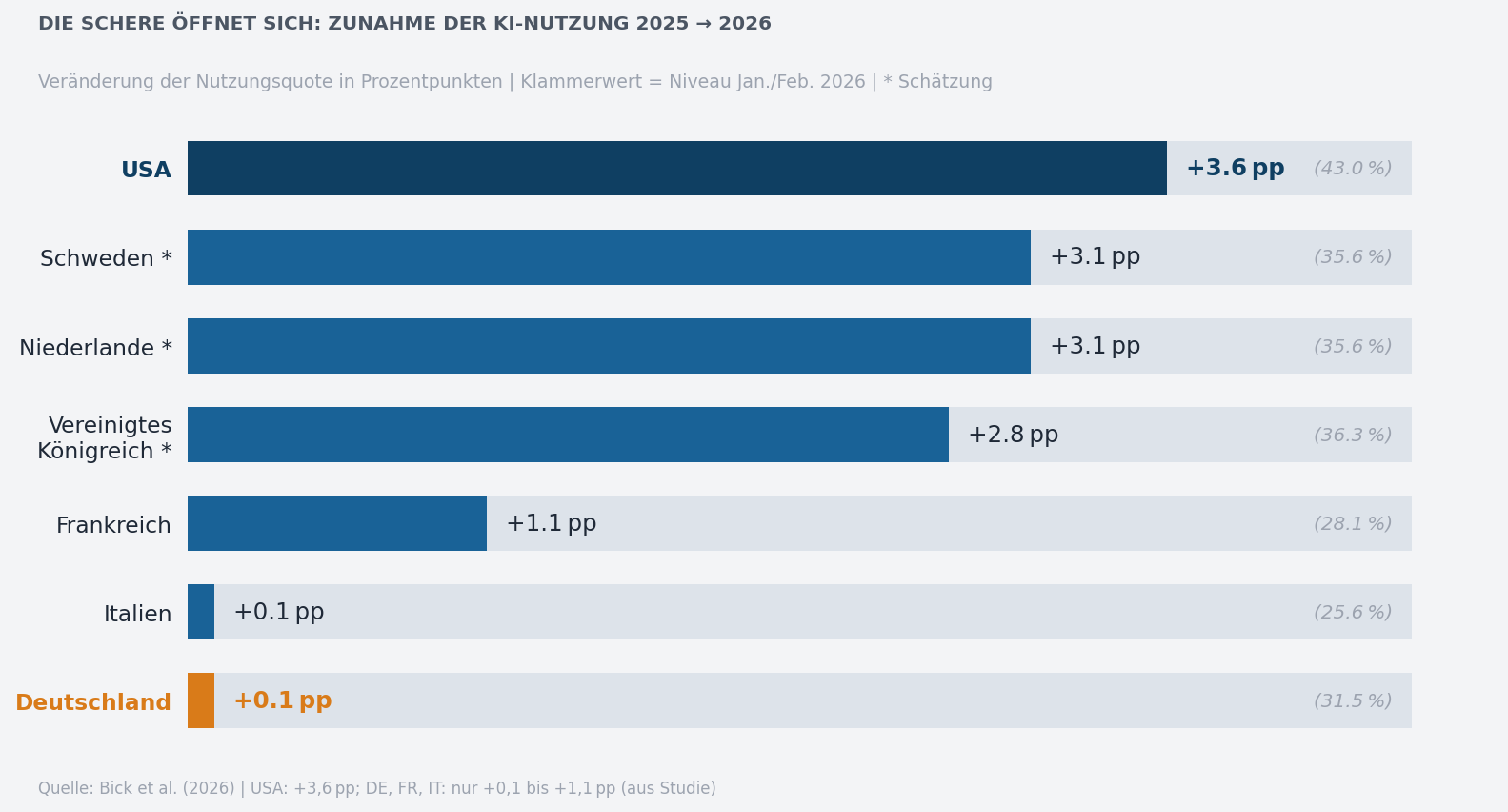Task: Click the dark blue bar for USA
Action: click(x=676, y=169)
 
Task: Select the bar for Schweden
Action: click(x=609, y=257)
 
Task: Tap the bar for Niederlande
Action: click(x=609, y=346)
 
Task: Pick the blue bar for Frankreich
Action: click(x=336, y=523)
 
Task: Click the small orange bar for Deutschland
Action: click(x=201, y=700)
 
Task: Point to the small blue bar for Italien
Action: click(x=201, y=612)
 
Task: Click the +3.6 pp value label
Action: click(x=1235, y=169)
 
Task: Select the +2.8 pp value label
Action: click(x=1013, y=436)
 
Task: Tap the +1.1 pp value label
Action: click(x=551, y=524)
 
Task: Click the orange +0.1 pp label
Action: click(x=282, y=701)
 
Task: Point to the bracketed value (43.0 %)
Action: click(x=1353, y=169)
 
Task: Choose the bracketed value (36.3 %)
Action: click(x=1353, y=436)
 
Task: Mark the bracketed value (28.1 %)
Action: click(x=1353, y=524)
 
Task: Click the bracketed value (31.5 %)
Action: click(x=1353, y=701)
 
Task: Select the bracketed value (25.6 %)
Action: click(x=1353, y=613)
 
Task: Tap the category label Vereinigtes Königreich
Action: click(x=105, y=438)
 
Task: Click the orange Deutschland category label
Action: click(x=93, y=703)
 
